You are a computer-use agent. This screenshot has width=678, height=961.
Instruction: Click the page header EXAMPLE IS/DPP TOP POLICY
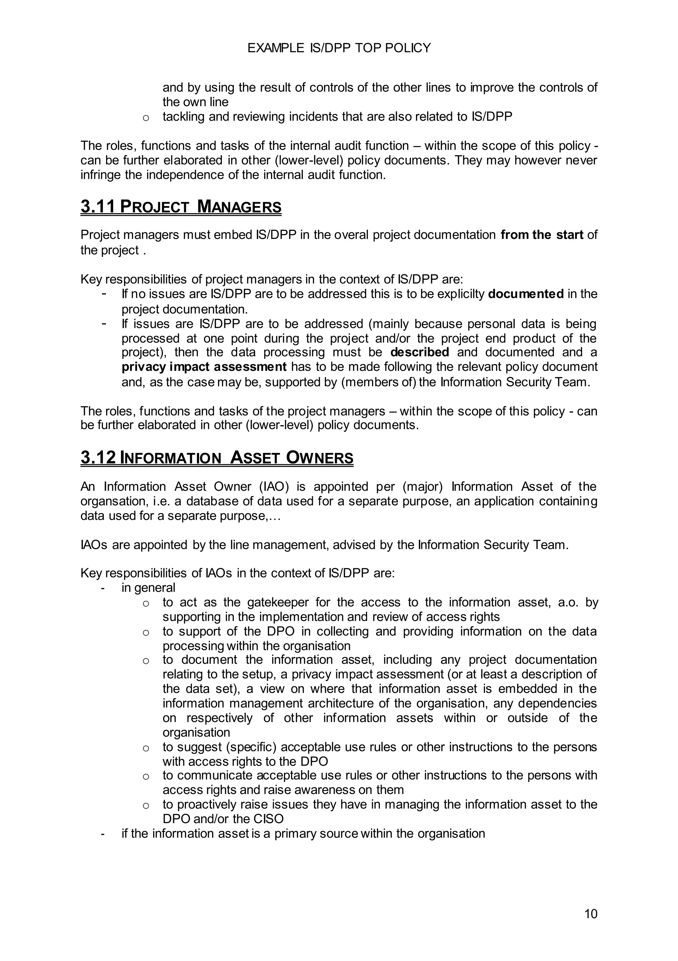[339, 48]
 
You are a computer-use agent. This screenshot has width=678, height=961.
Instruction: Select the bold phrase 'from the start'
[542, 235]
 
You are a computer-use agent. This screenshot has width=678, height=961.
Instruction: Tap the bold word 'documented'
[526, 294]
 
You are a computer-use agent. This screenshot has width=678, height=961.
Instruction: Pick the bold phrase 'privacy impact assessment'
[204, 367]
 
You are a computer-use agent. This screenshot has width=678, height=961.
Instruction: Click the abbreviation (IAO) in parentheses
[274, 487]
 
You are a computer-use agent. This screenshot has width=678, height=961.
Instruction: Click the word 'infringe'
[101, 175]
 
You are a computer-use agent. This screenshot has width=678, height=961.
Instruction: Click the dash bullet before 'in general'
[103, 588]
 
